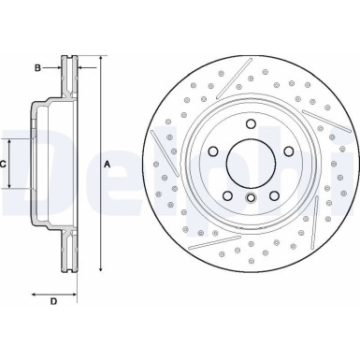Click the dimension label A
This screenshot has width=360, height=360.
pyautogui.click(x=108, y=164)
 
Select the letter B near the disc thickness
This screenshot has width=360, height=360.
pyautogui.click(x=38, y=67)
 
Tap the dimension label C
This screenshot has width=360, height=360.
pyautogui.click(x=4, y=164)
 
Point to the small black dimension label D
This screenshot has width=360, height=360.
pyautogui.click(x=53, y=300)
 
